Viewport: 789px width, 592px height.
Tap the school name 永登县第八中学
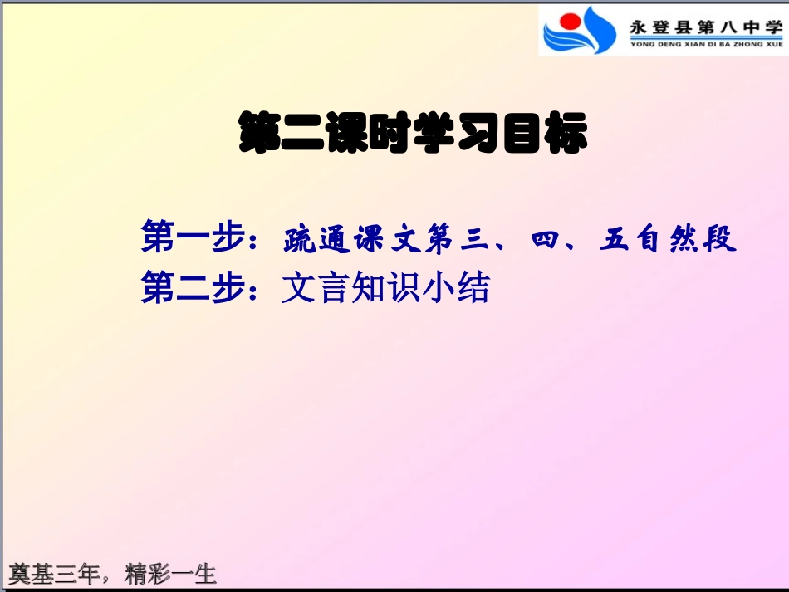705,27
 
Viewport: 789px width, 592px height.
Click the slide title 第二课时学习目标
413,133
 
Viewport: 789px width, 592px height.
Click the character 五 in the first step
615,241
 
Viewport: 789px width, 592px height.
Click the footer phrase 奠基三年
53,573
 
